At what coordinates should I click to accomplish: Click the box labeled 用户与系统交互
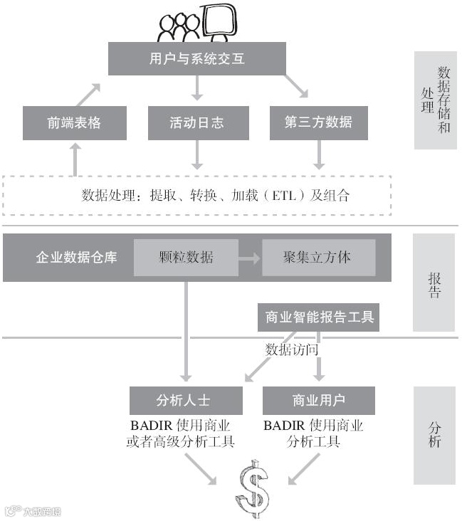pyautogui.click(x=196, y=58)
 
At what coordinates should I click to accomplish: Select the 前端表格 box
pyautogui.click(x=74, y=122)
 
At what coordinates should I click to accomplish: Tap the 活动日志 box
pyautogui.click(x=196, y=122)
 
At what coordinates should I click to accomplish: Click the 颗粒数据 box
pyautogui.click(x=186, y=257)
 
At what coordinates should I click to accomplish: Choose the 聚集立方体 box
pyautogui.click(x=317, y=257)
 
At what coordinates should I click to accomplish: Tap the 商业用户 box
pyautogui.click(x=318, y=399)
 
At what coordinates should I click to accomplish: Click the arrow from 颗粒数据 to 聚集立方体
pyautogui.click(x=249, y=258)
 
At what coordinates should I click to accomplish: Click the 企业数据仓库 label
pyautogui.click(x=76, y=257)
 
